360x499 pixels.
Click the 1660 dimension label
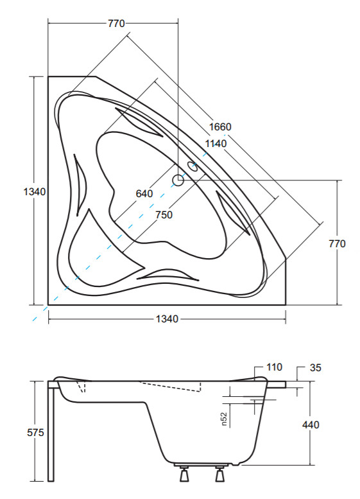point(220,127)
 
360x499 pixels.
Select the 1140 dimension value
point(216,144)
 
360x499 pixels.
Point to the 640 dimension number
point(144,193)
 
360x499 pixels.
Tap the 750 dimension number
point(164,214)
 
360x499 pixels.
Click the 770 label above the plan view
point(116,24)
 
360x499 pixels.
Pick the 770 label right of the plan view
point(337,244)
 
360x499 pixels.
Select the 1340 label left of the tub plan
point(35,191)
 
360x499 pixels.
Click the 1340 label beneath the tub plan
point(167,319)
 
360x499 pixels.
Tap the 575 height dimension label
point(36,433)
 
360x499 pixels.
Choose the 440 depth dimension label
point(311,425)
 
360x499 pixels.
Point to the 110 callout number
point(274,367)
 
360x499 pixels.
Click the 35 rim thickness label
point(316,368)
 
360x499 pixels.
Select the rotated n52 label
point(224,419)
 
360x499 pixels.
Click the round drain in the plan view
point(178,180)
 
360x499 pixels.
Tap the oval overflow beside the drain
point(193,166)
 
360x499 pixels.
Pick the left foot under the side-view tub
point(184,473)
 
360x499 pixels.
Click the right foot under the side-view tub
point(219,473)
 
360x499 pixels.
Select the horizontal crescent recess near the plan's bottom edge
point(167,274)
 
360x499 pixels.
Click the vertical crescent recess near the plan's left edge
point(80,184)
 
